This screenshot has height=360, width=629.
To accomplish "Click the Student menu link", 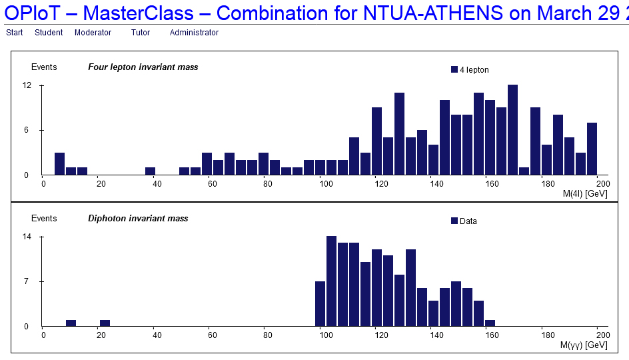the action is tap(49, 33).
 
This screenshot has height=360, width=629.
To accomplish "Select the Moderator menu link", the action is tap(93, 33).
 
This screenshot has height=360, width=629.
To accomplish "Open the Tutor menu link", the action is tap(141, 33).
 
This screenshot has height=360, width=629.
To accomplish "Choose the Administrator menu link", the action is tap(194, 33).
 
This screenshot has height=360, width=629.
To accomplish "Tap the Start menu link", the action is tap(15, 33).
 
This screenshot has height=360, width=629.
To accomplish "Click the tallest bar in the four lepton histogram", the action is tap(512, 129).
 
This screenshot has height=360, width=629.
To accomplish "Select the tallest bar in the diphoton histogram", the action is tap(331, 281).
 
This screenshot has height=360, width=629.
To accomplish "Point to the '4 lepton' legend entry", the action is tap(470, 70).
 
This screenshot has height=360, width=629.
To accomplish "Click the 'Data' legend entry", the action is tap(464, 221).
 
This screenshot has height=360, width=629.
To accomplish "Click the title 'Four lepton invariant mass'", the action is tap(143, 67).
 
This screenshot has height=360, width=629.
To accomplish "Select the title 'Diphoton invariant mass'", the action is tap(138, 218).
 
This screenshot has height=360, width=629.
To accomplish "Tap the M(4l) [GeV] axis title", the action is tap(585, 194).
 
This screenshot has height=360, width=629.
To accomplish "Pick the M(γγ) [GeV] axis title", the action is tap(584, 345).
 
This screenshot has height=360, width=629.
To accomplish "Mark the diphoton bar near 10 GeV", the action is tap(71, 323).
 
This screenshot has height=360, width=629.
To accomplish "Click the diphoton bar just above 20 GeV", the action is tap(105, 323).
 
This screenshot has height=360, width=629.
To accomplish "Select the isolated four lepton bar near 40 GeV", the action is tap(150, 171).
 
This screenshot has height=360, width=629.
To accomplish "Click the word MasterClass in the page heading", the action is tap(139, 13).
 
